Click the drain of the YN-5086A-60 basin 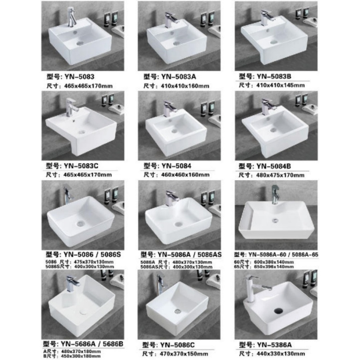(x=275, y=219)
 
